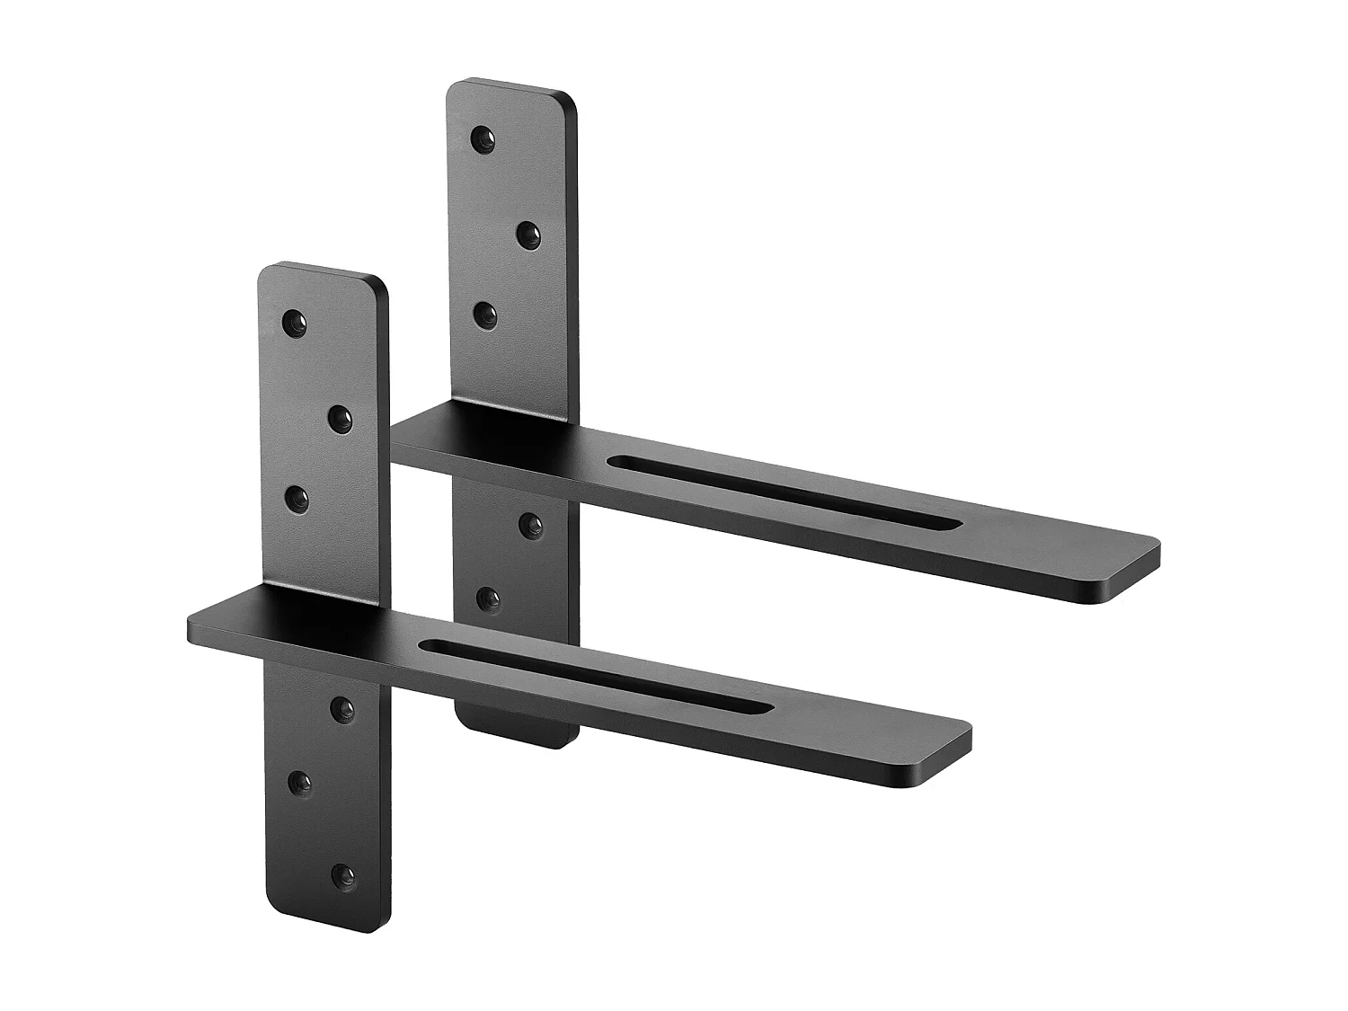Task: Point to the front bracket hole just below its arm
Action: point(341,710)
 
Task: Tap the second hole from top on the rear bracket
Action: point(528,235)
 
